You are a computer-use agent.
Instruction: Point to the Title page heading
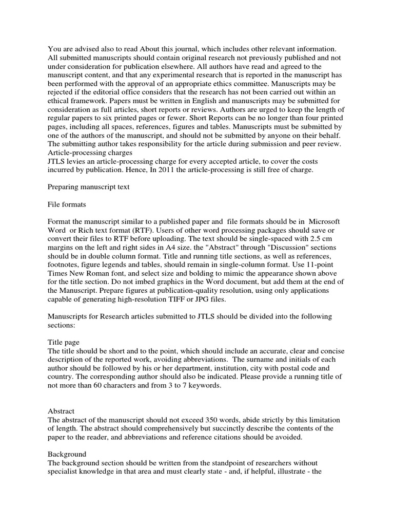pyautogui.click(x=64, y=342)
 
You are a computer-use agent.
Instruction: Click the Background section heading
pyautogui.click(x=67, y=455)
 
